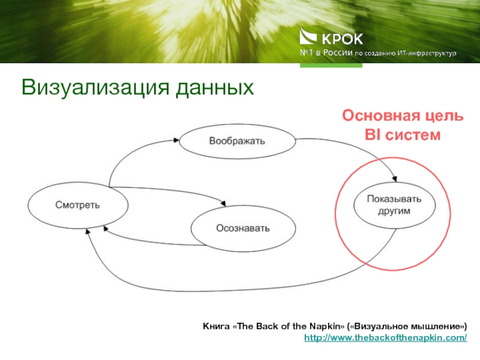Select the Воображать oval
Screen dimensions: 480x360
point(237,141)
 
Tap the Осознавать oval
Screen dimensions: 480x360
point(243,229)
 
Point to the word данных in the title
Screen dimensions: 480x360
point(214,88)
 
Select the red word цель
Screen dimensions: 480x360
point(442,116)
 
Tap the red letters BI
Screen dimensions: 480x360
point(374,135)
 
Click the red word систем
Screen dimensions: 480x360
point(412,135)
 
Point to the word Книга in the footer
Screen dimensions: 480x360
point(214,326)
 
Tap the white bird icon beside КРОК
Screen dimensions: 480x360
point(309,38)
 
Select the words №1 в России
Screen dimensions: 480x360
point(326,53)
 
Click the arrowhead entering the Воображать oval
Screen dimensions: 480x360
point(176,140)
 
